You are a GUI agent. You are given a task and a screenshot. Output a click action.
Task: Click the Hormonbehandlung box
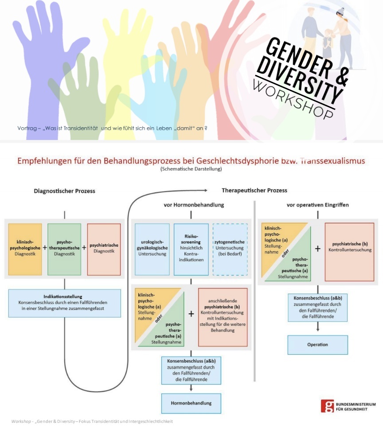[x=191, y=403]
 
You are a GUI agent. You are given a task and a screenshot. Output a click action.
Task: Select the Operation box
[x=317, y=344]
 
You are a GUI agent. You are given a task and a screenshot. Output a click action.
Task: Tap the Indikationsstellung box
[x=64, y=303]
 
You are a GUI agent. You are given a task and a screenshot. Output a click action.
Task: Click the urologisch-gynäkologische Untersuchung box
[x=152, y=250]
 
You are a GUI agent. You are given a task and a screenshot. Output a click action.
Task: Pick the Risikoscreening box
[x=191, y=250]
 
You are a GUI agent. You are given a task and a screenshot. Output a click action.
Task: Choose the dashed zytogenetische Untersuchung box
[x=230, y=250]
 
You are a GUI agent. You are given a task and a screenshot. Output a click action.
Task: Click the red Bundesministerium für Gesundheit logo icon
[x=328, y=406]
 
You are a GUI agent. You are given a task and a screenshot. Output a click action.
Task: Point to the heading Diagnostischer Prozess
[x=65, y=191]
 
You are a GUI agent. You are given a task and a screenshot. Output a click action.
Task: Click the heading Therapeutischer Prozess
[x=254, y=190]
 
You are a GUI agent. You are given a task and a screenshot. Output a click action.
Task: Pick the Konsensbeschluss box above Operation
[x=317, y=307]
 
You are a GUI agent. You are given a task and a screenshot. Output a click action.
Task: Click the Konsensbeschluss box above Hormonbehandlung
[x=191, y=370]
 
